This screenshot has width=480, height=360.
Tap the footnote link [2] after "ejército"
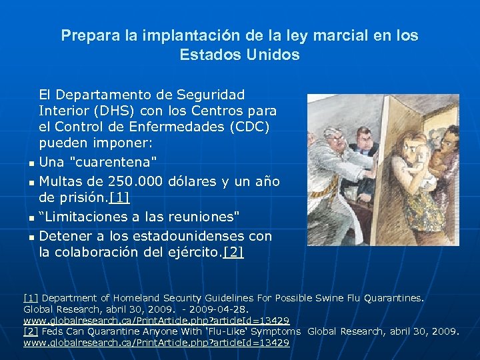[x=233, y=252]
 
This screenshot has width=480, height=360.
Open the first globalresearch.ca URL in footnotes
[x=156, y=321]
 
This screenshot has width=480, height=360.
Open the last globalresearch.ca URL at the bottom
[x=156, y=343]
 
